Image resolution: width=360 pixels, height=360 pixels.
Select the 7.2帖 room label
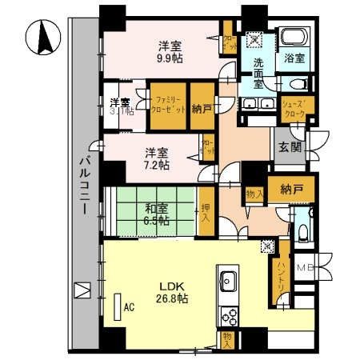point(157,164)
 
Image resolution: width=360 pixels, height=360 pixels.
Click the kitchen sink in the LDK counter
point(226,281)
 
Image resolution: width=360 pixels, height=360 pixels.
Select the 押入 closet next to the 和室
point(206,211)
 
